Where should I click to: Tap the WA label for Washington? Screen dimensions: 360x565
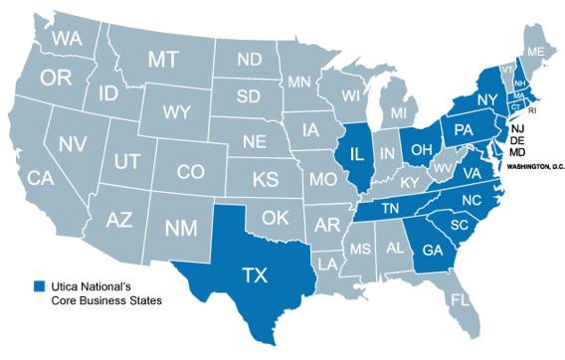[x=68, y=39]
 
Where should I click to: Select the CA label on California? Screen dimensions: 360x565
[x=40, y=179]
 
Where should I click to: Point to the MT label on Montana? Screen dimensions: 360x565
[x=163, y=60]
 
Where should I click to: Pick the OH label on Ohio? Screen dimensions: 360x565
[x=421, y=149]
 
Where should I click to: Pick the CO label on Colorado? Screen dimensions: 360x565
[x=190, y=171]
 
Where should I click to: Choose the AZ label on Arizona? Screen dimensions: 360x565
[x=119, y=219]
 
